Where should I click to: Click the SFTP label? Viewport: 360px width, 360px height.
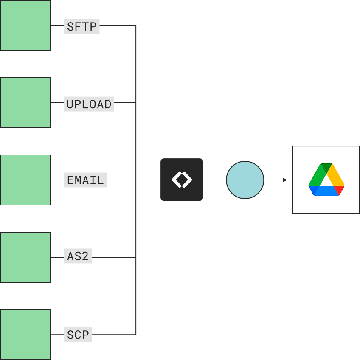(82, 26)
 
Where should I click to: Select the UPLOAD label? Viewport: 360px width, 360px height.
(89, 104)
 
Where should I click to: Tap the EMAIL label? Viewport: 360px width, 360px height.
(85, 180)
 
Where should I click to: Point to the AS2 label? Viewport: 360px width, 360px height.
(78, 256)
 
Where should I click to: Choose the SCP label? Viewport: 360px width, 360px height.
(78, 335)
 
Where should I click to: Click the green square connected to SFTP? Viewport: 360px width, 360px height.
(25, 25)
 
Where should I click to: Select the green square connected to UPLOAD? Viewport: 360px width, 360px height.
(25, 103)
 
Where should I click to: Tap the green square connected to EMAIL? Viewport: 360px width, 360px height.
(25, 180)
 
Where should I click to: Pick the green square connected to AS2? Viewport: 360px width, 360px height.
(25, 257)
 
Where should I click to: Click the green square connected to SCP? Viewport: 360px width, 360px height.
(25, 335)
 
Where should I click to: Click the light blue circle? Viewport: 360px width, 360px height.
(245, 180)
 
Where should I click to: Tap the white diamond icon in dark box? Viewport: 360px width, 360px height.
(182, 180)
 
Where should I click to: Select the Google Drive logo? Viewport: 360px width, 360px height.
(326, 180)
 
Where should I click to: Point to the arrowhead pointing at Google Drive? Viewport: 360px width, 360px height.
(285, 180)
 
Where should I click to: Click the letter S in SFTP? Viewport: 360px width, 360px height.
(70, 27)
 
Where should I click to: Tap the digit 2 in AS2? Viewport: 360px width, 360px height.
(85, 256)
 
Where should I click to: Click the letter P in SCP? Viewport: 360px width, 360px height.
(86, 335)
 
